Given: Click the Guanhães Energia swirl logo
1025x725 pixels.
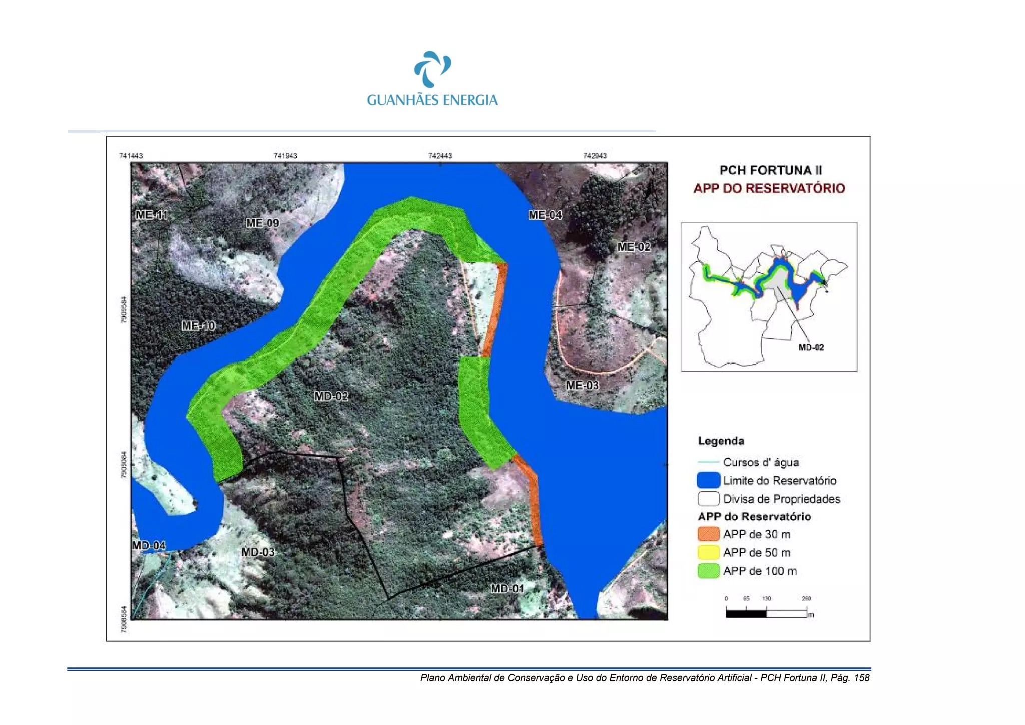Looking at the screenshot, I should pyautogui.click(x=432, y=69).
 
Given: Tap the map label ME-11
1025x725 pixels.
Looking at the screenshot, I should pyautogui.click(x=152, y=215).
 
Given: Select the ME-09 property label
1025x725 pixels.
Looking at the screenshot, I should pyautogui.click(x=262, y=223).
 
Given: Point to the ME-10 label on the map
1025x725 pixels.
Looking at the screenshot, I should pyautogui.click(x=198, y=326).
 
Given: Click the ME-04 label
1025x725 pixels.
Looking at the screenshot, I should pyautogui.click(x=545, y=215).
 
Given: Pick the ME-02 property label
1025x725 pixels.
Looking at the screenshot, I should pyautogui.click(x=634, y=247).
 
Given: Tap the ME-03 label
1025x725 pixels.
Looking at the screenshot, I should pyautogui.click(x=582, y=386).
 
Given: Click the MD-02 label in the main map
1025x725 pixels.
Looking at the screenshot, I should pyautogui.click(x=331, y=397).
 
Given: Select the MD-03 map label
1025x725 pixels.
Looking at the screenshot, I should pyautogui.click(x=258, y=552).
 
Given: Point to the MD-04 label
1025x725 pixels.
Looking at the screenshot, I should pyautogui.click(x=149, y=545).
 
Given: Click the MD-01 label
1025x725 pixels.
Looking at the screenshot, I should pyautogui.click(x=507, y=589).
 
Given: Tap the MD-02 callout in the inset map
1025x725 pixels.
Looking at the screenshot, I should pyautogui.click(x=811, y=347).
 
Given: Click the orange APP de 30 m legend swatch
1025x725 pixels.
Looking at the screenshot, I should pyautogui.click(x=708, y=534).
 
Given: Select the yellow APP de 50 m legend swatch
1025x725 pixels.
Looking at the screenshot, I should pyautogui.click(x=708, y=553).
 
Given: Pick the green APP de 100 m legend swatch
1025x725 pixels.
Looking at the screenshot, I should pyautogui.click(x=708, y=571).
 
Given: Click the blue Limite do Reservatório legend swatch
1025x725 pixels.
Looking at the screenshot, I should pyautogui.click(x=708, y=481).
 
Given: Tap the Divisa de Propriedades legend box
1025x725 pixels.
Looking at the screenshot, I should pyautogui.click(x=708, y=499).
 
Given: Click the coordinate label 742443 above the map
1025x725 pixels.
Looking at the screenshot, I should pyautogui.click(x=440, y=156).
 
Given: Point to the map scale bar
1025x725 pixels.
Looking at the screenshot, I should pyautogui.click(x=766, y=612).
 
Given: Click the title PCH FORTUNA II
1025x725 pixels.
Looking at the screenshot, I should pyautogui.click(x=770, y=170).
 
